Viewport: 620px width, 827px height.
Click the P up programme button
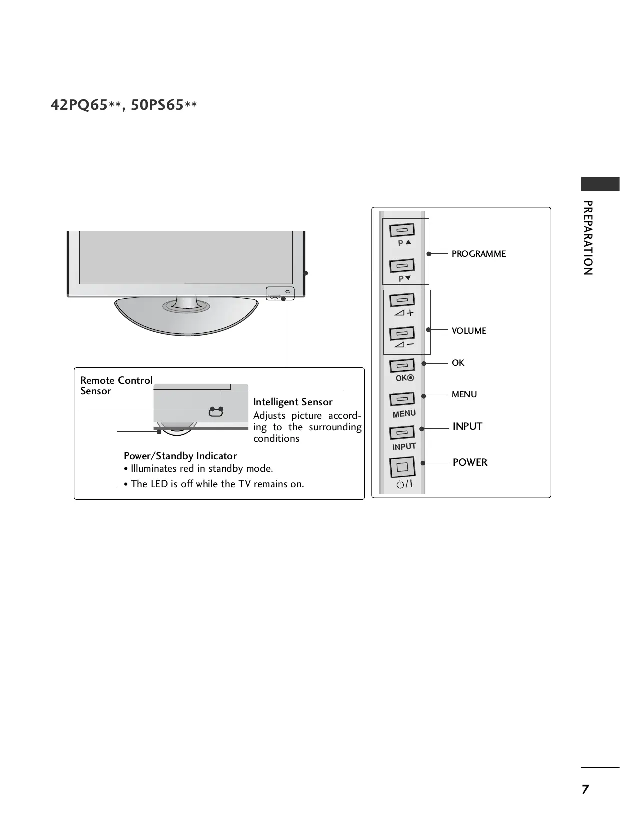point(402,230)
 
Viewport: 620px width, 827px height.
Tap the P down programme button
point(402,265)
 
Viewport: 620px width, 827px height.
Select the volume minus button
point(402,333)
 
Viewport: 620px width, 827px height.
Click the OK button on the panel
point(402,366)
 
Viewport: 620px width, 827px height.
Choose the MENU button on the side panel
point(402,399)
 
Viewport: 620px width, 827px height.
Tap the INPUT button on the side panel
point(402,432)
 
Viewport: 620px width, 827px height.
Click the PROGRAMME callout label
point(478,254)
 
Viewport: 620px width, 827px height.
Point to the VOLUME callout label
point(469,331)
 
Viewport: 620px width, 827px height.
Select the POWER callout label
point(470,462)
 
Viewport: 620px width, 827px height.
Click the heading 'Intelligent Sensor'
point(293,402)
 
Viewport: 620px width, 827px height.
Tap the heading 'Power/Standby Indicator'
point(180,456)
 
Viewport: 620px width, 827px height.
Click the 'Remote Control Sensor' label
point(116,385)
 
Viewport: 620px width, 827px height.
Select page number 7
point(585,789)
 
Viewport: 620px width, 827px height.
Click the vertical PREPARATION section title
point(588,238)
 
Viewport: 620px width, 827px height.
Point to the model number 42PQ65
point(79,105)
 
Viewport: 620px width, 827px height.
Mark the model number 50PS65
point(157,105)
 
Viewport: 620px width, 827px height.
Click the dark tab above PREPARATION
point(600,184)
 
